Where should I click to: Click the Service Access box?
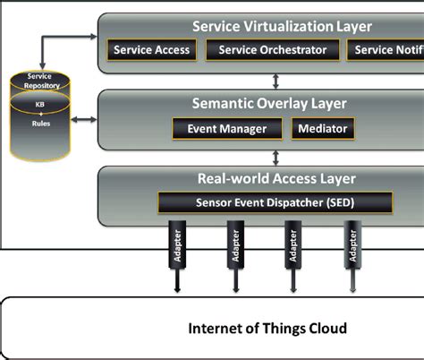151,50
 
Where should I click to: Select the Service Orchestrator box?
273,50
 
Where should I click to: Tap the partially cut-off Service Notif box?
385,50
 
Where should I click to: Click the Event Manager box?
226,129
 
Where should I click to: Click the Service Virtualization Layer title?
282,27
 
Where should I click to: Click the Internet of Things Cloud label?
267,329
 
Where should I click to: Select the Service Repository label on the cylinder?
39,81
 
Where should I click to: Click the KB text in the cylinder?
39,106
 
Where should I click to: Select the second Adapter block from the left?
234,247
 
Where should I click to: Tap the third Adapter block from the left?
290,247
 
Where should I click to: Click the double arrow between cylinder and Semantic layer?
85,119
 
